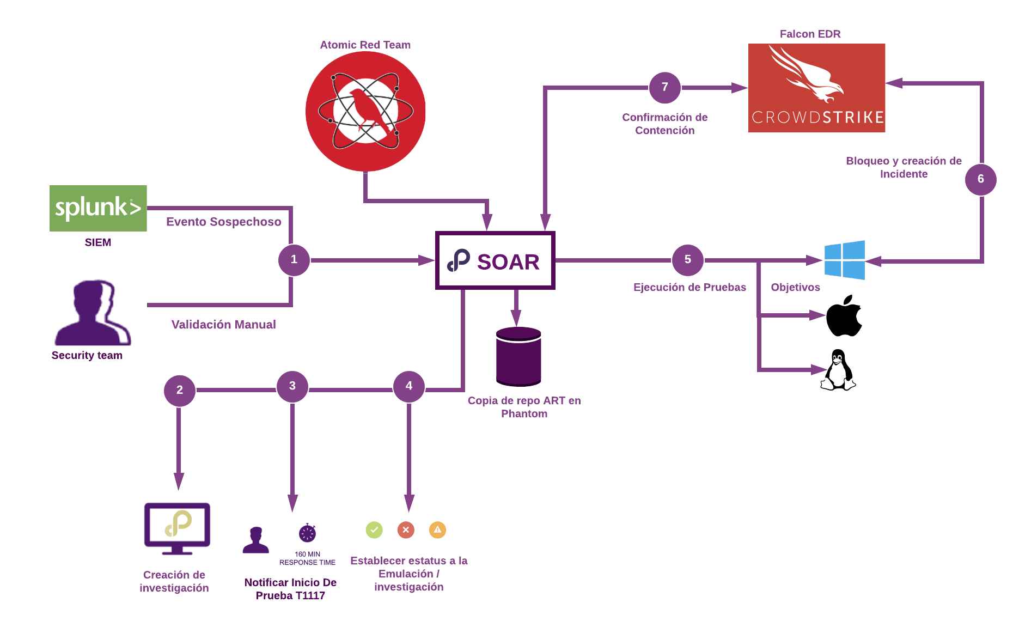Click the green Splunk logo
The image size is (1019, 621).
tap(98, 208)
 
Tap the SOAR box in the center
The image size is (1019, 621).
tap(495, 261)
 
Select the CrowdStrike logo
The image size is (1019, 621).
tap(816, 88)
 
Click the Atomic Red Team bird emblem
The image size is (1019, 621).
tap(365, 112)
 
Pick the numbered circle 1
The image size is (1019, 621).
tap(294, 260)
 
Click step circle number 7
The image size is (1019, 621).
tap(664, 87)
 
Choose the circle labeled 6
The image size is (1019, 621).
tap(980, 179)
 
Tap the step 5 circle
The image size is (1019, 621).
tap(687, 260)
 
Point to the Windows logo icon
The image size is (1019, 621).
tap(844, 260)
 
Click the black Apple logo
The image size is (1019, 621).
tap(844, 316)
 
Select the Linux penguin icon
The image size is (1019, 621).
tap(838, 370)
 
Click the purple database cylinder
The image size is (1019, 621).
tap(518, 356)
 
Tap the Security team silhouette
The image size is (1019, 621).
tap(93, 313)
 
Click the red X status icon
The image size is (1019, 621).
tap(406, 529)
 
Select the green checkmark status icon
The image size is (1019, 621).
tap(374, 529)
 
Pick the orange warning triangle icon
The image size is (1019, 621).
tap(437, 529)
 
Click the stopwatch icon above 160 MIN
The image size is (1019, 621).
tap(307, 533)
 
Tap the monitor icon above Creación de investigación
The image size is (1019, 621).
tap(177, 527)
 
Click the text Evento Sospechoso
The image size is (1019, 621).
tap(223, 222)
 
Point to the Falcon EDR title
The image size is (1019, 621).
tap(810, 34)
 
